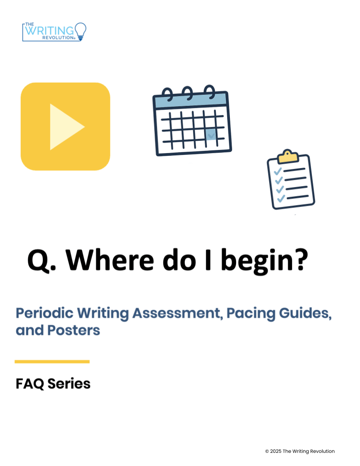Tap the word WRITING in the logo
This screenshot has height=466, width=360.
pyautogui.click(x=49, y=30)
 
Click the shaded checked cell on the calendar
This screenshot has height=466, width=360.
pyautogui.click(x=211, y=135)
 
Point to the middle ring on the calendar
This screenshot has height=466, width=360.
pyautogui.click(x=188, y=93)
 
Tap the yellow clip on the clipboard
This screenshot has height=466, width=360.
pyautogui.click(x=288, y=157)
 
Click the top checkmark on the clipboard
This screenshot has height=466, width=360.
pyautogui.click(x=278, y=171)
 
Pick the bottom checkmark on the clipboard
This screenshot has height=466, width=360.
pyautogui.click(x=281, y=199)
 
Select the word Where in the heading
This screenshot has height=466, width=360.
pyautogui.click(x=110, y=260)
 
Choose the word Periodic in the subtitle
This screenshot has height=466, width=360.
pyautogui.click(x=45, y=313)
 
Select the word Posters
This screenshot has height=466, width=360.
pyautogui.click(x=74, y=330)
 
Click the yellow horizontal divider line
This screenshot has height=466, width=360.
pyautogui.click(x=52, y=362)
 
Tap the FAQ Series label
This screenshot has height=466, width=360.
pyautogui.click(x=53, y=383)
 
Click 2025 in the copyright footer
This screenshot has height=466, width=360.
pyautogui.click(x=276, y=451)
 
